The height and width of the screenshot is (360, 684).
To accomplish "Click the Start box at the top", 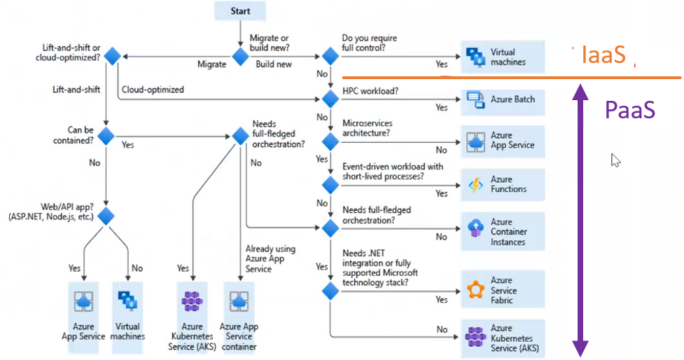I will tap(240, 11).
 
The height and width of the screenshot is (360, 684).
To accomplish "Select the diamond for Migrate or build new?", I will tap(240, 57).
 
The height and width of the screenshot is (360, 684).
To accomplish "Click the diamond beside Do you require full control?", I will tap(330, 57).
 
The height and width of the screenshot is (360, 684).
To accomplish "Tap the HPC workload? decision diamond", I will tap(330, 99).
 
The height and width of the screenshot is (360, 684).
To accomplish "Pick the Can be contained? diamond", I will tap(106, 136).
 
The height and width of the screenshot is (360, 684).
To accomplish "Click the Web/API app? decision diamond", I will tap(106, 216).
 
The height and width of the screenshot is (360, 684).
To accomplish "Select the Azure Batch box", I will tap(503, 99).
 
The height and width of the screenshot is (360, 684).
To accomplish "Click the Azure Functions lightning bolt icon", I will tap(476, 185).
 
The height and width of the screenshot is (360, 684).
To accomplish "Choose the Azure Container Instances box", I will tap(503, 232).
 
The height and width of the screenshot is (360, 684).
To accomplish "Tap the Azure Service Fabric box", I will tap(503, 290).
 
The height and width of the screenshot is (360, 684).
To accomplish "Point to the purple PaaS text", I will tap(631, 110).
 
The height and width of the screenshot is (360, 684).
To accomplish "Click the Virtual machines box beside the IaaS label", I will tap(503, 57).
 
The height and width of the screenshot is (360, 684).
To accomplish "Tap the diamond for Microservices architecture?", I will tap(330, 141).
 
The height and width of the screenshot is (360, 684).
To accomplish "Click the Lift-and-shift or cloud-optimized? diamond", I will tap(112, 57).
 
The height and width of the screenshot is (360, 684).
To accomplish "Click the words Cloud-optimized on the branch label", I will tap(153, 90).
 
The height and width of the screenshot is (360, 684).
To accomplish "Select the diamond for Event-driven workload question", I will tap(330, 185).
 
